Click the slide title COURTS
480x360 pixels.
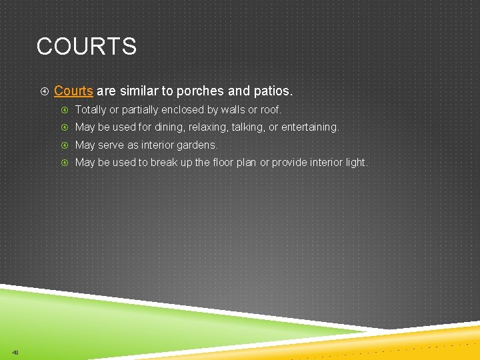tap(87, 47)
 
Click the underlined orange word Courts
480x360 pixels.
tap(73, 91)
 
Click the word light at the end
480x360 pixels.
tap(355, 163)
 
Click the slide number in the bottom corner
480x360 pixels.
tap(15, 352)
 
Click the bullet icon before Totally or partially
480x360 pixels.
tap(65, 109)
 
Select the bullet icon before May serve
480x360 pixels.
tap(65, 145)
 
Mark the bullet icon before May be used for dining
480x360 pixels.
tap(65, 127)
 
